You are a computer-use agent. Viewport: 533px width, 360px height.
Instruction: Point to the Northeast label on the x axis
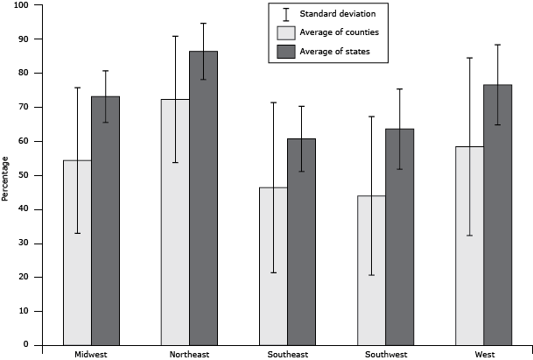click(189, 354)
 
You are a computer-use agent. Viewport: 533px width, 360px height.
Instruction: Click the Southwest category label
click(385, 354)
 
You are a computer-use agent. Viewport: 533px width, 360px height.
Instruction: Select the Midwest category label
click(91, 354)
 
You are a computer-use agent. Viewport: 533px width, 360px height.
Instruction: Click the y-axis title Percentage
click(6, 178)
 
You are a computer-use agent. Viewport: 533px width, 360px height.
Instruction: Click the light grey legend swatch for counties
click(286, 32)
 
